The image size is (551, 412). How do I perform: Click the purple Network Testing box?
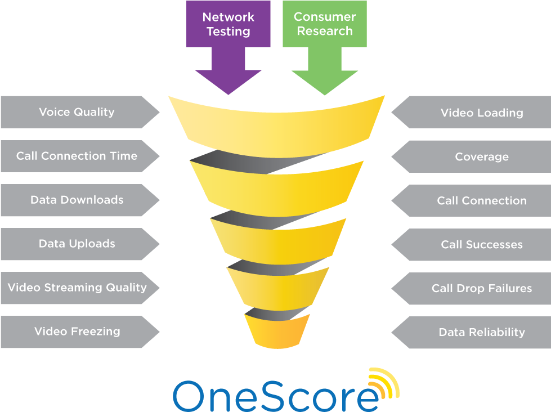(x=228, y=24)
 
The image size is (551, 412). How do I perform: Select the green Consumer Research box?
(x=324, y=24)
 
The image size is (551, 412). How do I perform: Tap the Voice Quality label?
(x=77, y=112)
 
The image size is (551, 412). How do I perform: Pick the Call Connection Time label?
(x=77, y=156)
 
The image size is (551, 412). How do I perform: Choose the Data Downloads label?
(x=77, y=200)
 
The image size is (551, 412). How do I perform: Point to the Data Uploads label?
(x=77, y=244)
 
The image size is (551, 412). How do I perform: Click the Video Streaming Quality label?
(x=77, y=288)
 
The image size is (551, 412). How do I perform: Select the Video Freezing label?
(x=77, y=332)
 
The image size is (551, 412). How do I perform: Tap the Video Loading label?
(x=481, y=113)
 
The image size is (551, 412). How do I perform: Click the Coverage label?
(x=481, y=156)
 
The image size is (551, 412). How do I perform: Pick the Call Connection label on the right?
(x=481, y=200)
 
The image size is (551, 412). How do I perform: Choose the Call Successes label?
(x=481, y=244)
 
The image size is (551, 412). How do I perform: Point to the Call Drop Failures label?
(x=481, y=288)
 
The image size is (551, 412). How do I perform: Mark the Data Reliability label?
(x=481, y=332)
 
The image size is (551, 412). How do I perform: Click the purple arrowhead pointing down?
(x=228, y=79)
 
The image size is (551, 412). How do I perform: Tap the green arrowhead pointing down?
(x=325, y=79)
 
